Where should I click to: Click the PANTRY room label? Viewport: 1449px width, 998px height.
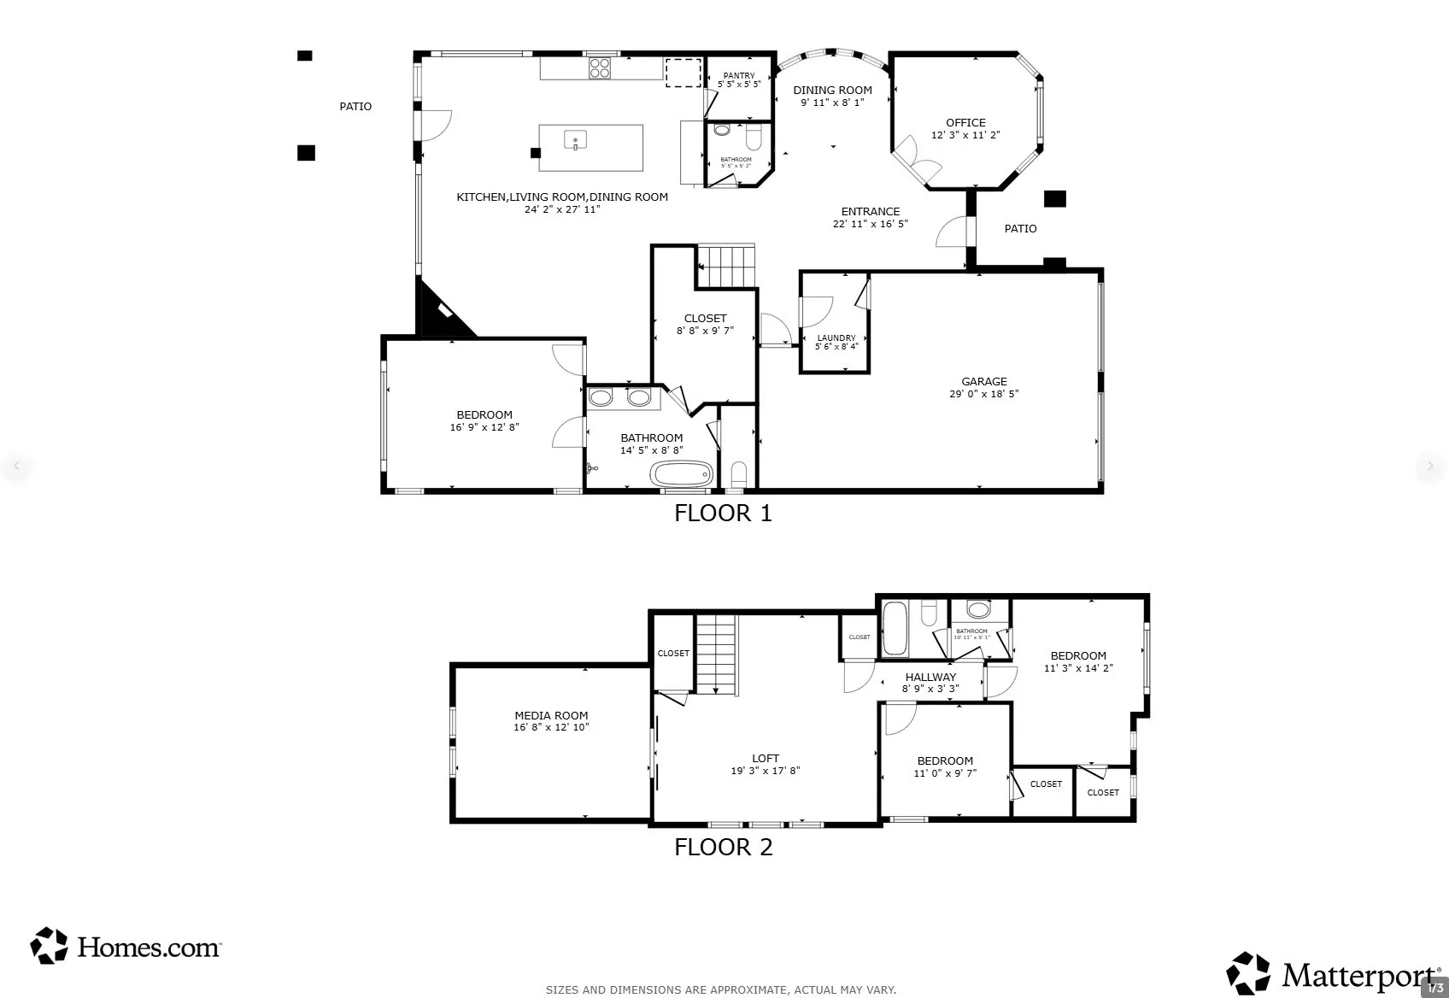739,76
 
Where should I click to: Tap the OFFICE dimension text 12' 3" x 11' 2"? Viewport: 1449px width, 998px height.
965,135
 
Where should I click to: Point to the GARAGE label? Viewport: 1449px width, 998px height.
984,382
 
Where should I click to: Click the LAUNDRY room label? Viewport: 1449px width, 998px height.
836,338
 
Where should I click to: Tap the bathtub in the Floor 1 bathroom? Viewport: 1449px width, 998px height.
681,473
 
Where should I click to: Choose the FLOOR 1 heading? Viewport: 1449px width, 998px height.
723,513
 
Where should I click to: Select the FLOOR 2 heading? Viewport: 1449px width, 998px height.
723,847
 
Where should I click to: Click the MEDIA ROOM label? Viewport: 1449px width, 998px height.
551,716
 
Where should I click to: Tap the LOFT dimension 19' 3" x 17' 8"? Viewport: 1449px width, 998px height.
766,771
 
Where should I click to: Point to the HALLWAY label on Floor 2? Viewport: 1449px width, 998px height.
930,677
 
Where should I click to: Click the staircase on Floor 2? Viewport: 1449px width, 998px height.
716,655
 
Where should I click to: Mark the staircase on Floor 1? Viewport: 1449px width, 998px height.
727,266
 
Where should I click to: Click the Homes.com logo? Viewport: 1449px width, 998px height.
126,947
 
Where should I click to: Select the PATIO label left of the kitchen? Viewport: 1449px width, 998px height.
355,107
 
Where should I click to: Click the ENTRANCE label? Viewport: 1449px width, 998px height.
870,212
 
